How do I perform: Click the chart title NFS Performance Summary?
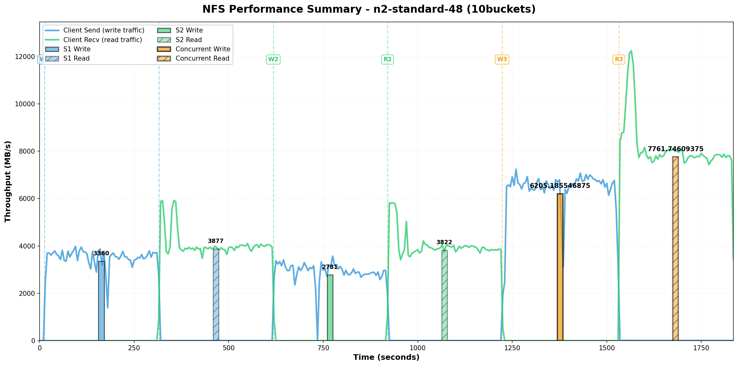point(369,9)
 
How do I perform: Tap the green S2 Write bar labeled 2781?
point(330,308)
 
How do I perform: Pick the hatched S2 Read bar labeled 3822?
point(444,295)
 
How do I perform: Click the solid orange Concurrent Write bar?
point(560,267)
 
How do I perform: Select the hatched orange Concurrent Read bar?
point(675,249)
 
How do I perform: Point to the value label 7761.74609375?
point(676,149)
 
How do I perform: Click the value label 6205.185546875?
point(560,186)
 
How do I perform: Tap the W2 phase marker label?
point(273,59)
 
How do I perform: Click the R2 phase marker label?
point(388,59)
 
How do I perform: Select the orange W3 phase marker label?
point(502,59)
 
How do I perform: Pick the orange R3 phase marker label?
point(619,59)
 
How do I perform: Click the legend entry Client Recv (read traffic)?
point(102,40)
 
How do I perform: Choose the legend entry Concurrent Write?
point(203,49)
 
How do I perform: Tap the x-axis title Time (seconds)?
point(386,358)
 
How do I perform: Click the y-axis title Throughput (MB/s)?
point(8,181)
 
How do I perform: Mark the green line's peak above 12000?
point(631,51)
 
